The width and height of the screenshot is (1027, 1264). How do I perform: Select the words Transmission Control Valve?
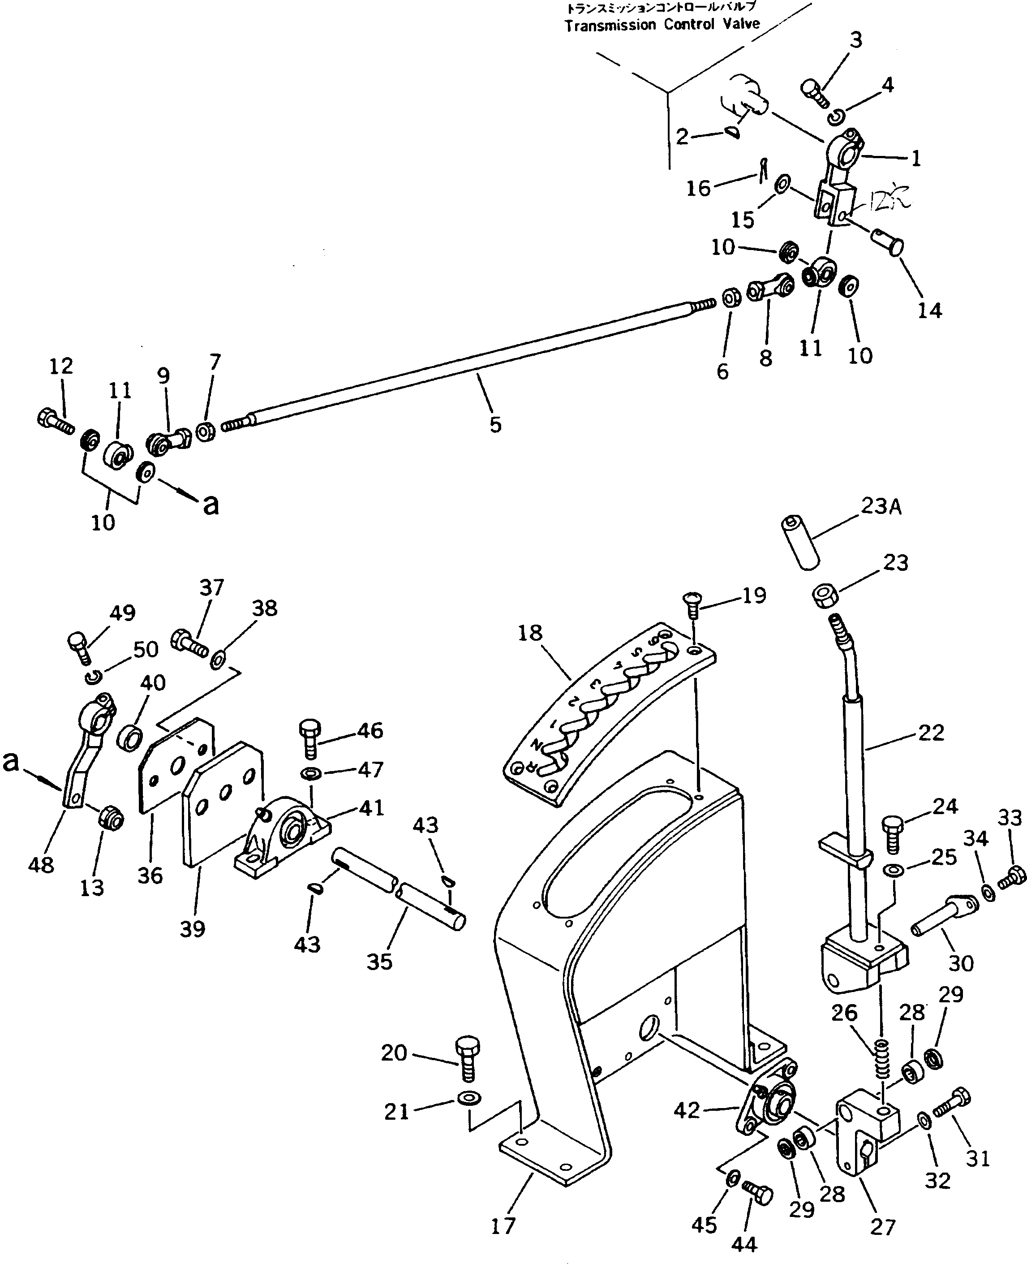[x=662, y=25]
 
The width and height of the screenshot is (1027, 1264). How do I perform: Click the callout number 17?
[x=503, y=1225]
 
